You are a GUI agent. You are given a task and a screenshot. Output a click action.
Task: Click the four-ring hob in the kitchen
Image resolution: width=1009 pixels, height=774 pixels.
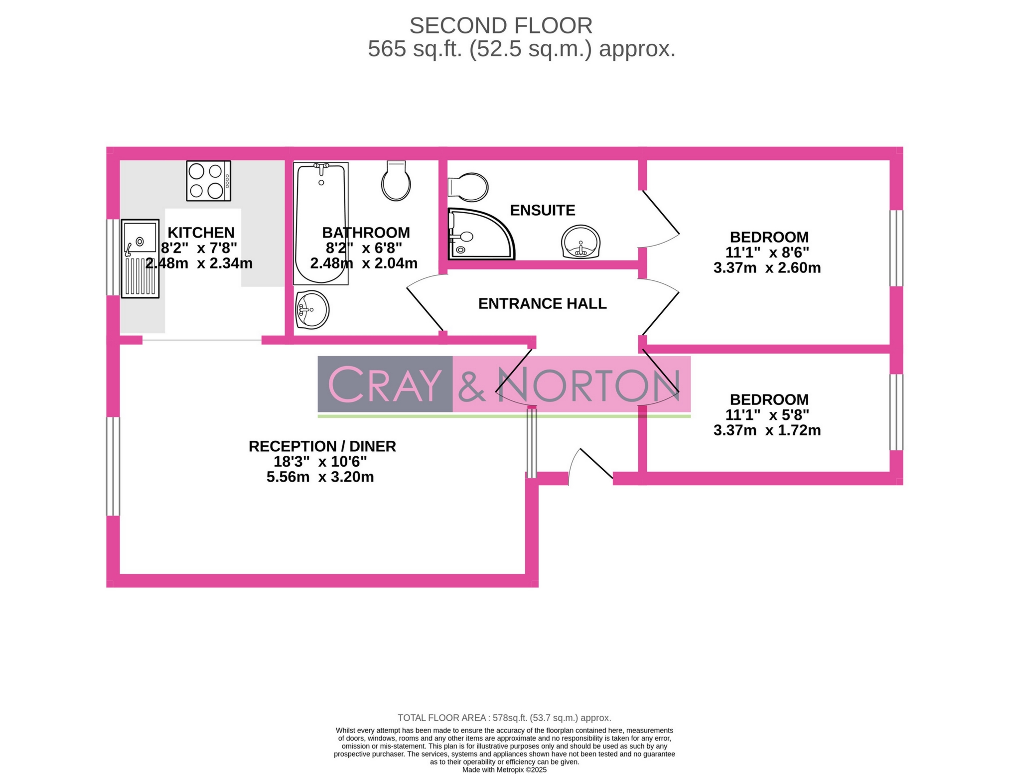[208, 181]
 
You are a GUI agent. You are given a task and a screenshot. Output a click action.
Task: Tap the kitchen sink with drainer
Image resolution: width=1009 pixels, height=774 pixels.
[140, 258]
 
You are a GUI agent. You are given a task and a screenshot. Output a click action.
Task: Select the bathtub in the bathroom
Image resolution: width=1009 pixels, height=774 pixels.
[321, 223]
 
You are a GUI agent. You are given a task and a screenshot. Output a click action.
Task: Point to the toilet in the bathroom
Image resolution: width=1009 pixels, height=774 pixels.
[396, 181]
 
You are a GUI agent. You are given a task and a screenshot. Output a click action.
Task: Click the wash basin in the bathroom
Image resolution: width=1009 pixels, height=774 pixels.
[312, 310]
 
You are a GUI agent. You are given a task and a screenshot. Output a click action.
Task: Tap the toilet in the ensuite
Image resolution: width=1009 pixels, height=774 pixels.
[469, 187]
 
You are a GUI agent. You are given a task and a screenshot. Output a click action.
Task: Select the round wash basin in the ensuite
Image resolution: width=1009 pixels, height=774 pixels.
[580, 242]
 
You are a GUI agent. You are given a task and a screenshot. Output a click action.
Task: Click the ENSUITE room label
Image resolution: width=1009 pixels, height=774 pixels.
[543, 210]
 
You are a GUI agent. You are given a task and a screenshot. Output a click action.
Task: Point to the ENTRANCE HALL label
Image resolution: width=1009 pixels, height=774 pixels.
[542, 303]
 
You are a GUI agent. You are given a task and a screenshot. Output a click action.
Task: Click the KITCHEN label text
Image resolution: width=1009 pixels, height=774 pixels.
[201, 233]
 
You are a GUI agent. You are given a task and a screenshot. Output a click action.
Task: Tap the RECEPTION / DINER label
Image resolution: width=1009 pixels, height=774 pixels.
[322, 446]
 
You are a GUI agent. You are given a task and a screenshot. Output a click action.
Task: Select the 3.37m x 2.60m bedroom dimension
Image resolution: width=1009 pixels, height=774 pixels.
[767, 268]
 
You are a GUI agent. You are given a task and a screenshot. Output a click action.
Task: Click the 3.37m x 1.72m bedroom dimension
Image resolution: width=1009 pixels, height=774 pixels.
[767, 430]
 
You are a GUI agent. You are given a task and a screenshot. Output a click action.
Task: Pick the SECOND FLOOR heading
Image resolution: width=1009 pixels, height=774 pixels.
[501, 25]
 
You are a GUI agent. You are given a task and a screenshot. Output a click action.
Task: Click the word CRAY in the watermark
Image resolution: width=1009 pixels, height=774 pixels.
[385, 384]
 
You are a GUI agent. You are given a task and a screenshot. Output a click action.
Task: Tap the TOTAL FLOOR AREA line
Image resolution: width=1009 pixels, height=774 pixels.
[504, 718]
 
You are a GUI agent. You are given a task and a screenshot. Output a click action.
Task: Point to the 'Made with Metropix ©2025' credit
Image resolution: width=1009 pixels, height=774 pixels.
[504, 770]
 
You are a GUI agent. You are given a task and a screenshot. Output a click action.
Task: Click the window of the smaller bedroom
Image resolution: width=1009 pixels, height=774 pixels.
[896, 412]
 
